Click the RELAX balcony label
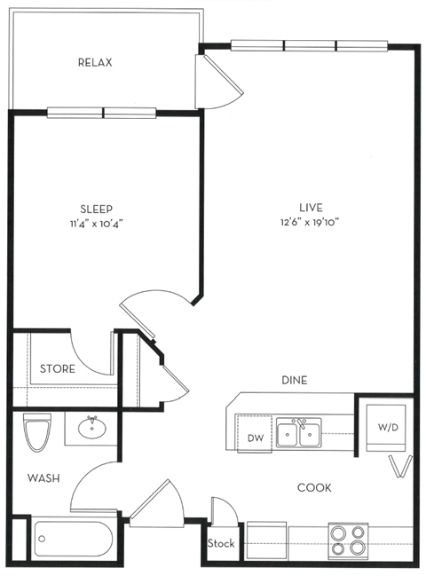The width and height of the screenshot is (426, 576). (x=94, y=63)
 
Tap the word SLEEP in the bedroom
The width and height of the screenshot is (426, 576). (x=94, y=209)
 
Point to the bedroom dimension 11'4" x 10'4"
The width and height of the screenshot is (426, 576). (x=94, y=224)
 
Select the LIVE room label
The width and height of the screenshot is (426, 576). (x=310, y=207)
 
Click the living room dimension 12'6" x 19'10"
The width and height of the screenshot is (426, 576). (x=310, y=222)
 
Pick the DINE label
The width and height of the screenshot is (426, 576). (x=294, y=380)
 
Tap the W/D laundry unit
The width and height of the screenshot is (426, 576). (x=389, y=428)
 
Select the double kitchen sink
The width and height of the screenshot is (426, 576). (x=298, y=434)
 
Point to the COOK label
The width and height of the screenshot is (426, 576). (x=313, y=487)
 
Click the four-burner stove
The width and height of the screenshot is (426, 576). (x=348, y=539)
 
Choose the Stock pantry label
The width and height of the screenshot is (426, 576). (x=221, y=543)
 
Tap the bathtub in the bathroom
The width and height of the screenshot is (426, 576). (x=73, y=538)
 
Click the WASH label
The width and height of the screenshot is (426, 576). (x=43, y=478)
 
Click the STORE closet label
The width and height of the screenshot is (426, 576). (x=58, y=368)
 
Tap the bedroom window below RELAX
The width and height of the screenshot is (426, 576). (x=103, y=113)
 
